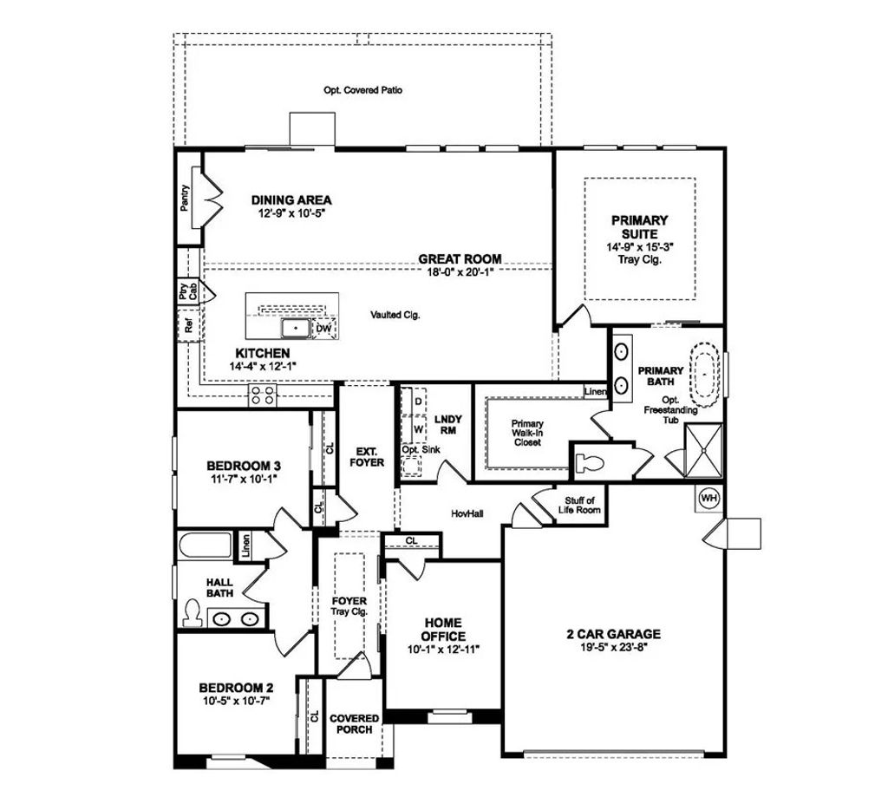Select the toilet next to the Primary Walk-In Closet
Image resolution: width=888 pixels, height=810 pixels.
click(x=591, y=461)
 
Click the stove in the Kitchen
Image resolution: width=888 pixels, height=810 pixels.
click(x=263, y=395)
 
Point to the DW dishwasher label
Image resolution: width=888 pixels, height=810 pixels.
click(x=323, y=329)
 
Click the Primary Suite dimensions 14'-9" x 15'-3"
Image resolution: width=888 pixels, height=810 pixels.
click(x=638, y=247)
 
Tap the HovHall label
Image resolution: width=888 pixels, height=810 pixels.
click(x=467, y=513)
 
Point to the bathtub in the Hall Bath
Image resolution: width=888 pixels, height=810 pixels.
click(x=205, y=547)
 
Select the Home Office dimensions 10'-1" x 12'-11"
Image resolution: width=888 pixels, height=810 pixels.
click(x=443, y=649)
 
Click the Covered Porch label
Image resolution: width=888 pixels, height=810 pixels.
click(x=355, y=724)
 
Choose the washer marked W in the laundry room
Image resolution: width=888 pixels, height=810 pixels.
click(x=418, y=428)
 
